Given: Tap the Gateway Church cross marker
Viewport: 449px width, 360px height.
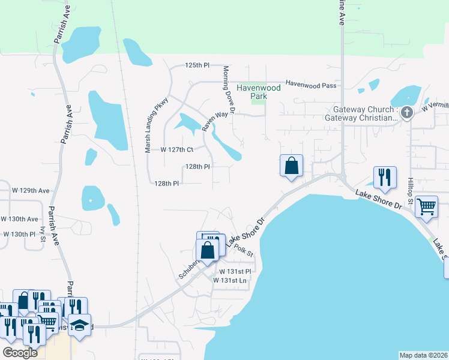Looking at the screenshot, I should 406,113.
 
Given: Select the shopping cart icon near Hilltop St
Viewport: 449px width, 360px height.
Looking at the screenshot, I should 426,207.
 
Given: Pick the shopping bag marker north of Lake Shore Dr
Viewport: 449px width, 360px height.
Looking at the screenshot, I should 291,165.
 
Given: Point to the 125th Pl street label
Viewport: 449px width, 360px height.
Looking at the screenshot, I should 197,65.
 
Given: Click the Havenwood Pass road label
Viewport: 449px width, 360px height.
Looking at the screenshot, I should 310,85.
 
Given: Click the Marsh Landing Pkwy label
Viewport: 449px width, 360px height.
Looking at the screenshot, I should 148,127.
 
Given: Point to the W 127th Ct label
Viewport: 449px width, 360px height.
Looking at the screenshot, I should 178,149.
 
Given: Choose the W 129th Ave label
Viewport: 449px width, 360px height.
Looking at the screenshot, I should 31,190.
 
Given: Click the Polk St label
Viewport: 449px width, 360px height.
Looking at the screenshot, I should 244,248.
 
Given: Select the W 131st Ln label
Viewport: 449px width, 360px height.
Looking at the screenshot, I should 233,280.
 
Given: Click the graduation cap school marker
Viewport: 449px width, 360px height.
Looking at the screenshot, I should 79,325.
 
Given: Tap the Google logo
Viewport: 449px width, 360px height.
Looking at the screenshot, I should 20,353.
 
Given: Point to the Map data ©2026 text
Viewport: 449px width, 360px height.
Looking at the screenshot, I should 424,355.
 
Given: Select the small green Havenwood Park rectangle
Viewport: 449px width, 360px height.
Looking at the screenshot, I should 258,100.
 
